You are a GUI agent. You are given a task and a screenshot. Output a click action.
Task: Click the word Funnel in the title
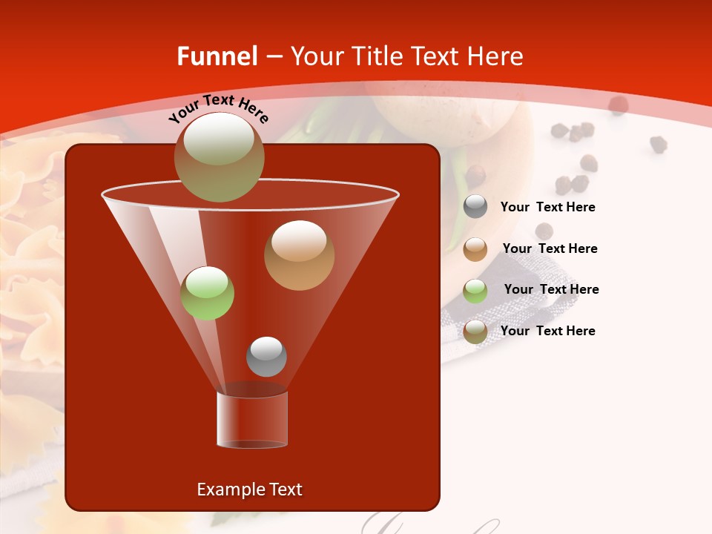[217, 56]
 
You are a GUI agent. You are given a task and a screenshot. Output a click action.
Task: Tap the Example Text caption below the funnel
[249, 489]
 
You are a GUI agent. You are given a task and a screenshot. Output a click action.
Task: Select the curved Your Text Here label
[218, 108]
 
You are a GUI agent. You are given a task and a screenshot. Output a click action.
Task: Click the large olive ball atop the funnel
[219, 157]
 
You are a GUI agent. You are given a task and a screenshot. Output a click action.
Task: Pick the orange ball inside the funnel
[299, 255]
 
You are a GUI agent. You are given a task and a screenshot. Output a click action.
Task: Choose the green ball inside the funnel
[207, 293]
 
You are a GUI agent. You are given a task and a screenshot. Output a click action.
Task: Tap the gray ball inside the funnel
[266, 356]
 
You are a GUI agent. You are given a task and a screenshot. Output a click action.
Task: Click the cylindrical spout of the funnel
[251, 419]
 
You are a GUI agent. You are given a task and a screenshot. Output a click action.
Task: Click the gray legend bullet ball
[475, 207]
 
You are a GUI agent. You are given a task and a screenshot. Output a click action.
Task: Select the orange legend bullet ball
[475, 249]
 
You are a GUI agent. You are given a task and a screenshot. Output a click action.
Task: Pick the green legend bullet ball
[475, 291]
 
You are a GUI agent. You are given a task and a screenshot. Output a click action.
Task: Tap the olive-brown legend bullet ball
[475, 332]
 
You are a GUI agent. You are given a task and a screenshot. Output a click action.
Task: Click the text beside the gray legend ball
[547, 207]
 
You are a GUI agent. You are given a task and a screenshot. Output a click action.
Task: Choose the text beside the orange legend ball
[550, 248]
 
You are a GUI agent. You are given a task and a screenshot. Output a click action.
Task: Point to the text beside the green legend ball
[551, 289]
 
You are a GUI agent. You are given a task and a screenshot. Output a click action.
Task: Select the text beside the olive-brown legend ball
[547, 331]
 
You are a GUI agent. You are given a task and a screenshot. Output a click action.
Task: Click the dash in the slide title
[273, 56]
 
